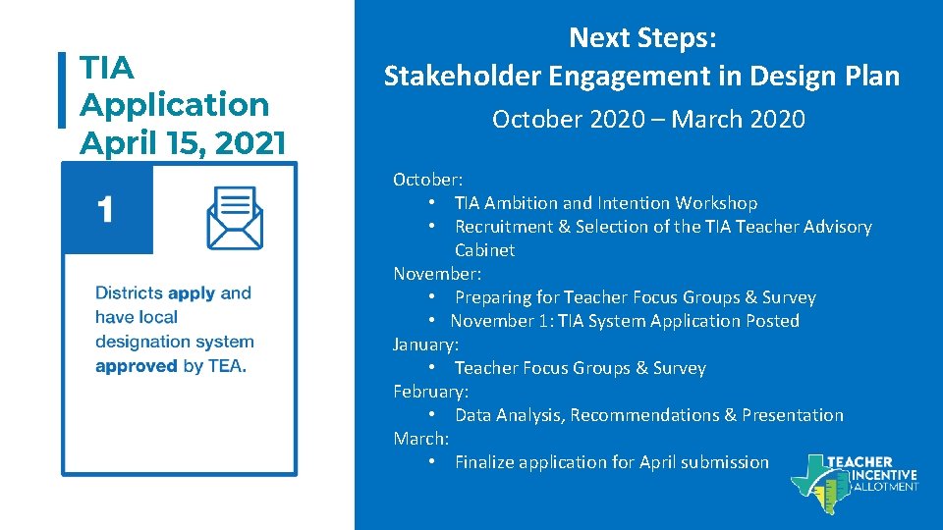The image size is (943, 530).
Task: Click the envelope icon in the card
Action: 234,217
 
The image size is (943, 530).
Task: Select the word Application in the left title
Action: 175,104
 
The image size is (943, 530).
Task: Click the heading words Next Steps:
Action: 642,38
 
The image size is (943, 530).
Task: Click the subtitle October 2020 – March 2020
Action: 648,120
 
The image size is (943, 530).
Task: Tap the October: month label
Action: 428,180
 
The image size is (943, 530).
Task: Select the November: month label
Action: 437,274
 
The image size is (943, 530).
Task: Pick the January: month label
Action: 425,344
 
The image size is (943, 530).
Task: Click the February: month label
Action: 430,392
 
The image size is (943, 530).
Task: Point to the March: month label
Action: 420,439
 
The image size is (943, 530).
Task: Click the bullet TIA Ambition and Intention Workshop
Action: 605,203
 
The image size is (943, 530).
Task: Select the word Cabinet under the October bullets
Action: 484,250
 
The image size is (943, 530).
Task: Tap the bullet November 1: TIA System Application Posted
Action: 625,321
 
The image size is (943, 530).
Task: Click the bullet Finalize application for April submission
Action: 611,462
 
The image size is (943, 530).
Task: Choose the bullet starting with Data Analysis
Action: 648,415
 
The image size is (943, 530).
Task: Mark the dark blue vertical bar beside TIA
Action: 64,90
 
